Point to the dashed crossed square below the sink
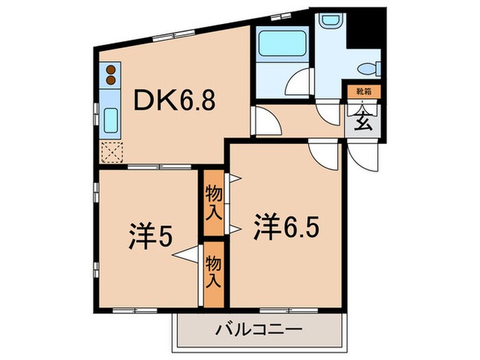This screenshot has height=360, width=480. (x=110, y=152)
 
